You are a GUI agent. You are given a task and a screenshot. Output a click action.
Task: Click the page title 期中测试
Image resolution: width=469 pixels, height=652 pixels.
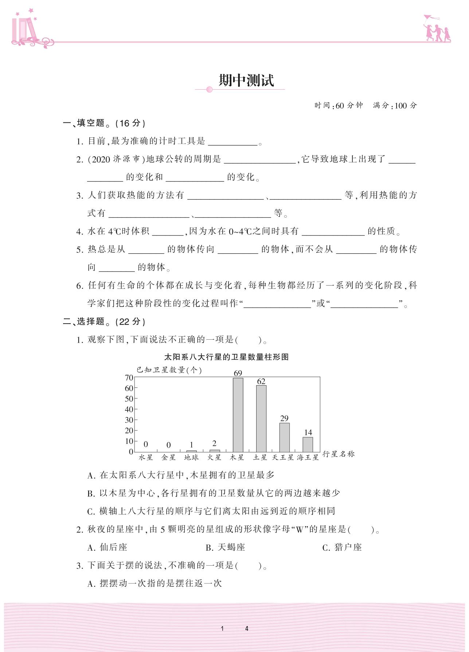point(246,81)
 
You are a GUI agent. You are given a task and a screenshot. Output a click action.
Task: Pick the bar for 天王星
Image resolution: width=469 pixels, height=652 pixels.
point(284,437)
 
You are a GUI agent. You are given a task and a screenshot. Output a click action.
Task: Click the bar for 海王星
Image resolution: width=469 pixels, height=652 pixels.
point(308,444)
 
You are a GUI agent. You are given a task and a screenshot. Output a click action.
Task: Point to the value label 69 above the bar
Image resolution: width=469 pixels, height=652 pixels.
point(238,373)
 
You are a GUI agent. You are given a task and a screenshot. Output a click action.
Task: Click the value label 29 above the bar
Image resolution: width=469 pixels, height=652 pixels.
point(284,418)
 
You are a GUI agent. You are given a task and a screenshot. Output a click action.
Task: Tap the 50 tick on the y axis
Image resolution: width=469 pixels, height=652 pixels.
point(129,399)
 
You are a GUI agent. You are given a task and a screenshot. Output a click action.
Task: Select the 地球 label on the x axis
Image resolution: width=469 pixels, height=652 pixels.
point(191,457)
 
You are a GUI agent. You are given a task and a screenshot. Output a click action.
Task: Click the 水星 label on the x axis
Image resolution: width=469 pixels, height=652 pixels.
point(145,457)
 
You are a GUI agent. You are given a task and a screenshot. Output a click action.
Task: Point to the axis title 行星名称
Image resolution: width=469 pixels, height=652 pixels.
point(338,454)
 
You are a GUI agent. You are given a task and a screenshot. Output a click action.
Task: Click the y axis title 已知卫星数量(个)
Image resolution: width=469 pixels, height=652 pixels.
point(169,370)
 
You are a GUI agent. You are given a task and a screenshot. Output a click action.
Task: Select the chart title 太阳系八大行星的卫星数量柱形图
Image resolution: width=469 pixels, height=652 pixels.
point(226,357)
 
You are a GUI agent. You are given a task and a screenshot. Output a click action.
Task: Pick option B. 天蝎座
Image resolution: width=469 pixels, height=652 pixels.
point(226,547)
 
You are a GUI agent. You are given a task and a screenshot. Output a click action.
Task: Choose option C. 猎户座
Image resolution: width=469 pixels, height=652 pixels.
point(342,547)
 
